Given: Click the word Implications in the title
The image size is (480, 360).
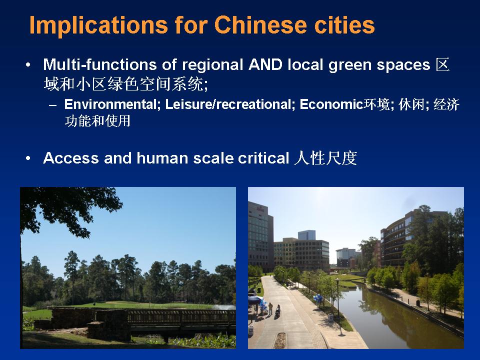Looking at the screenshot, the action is click(x=98, y=25).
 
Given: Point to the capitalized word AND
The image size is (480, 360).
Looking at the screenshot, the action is click(x=265, y=64).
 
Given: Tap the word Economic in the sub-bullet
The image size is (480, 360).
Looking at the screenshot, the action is click(x=331, y=104).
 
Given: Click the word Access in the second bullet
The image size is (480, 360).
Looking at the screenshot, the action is click(x=71, y=158).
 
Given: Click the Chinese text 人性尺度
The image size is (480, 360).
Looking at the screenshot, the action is click(x=325, y=158).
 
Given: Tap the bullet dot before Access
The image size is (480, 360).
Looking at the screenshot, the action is click(x=28, y=158).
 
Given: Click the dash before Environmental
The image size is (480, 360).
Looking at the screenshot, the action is click(x=52, y=105).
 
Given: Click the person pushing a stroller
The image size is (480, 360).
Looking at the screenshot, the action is click(x=278, y=310).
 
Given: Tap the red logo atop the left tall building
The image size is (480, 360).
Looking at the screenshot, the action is click(x=260, y=209).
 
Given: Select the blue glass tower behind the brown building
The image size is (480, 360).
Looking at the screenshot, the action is click(x=306, y=235).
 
